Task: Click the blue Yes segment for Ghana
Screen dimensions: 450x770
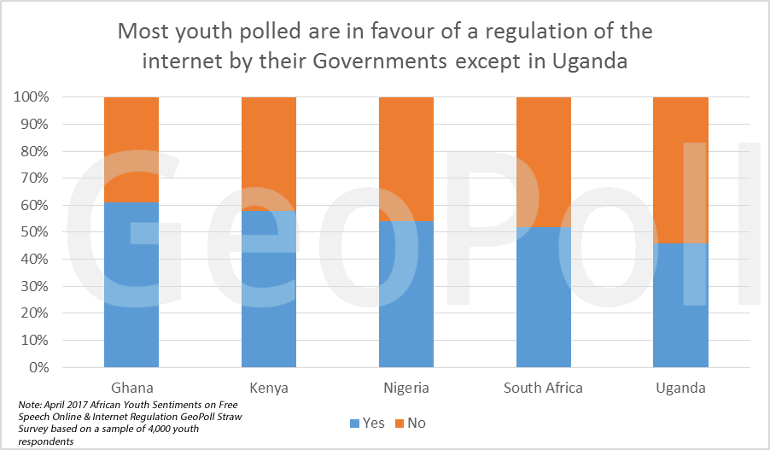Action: coord(131,285)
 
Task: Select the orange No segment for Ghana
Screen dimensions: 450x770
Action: coord(131,149)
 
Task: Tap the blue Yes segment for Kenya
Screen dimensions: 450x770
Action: coord(269,289)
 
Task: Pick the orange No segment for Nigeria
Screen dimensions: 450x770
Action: coord(406,159)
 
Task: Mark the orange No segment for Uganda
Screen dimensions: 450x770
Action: coord(680,170)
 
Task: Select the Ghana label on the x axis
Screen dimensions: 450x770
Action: coord(131,388)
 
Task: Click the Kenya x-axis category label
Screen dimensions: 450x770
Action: coord(269,388)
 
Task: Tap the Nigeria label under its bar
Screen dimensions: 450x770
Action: coord(406,388)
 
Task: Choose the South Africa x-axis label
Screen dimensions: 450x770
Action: coord(543,388)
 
